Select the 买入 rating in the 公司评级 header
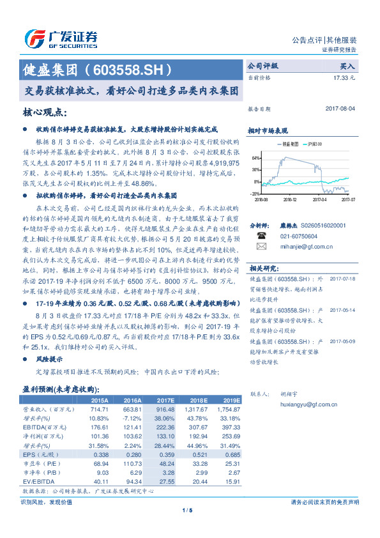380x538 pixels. pyautogui.click(x=348, y=66)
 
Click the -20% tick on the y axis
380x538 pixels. pyautogui.click(x=255, y=193)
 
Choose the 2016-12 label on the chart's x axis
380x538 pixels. pyautogui.click(x=291, y=199)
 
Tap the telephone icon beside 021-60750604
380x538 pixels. pyautogui.click(x=261, y=236)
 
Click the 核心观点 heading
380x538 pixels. pyautogui.click(x=44, y=113)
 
